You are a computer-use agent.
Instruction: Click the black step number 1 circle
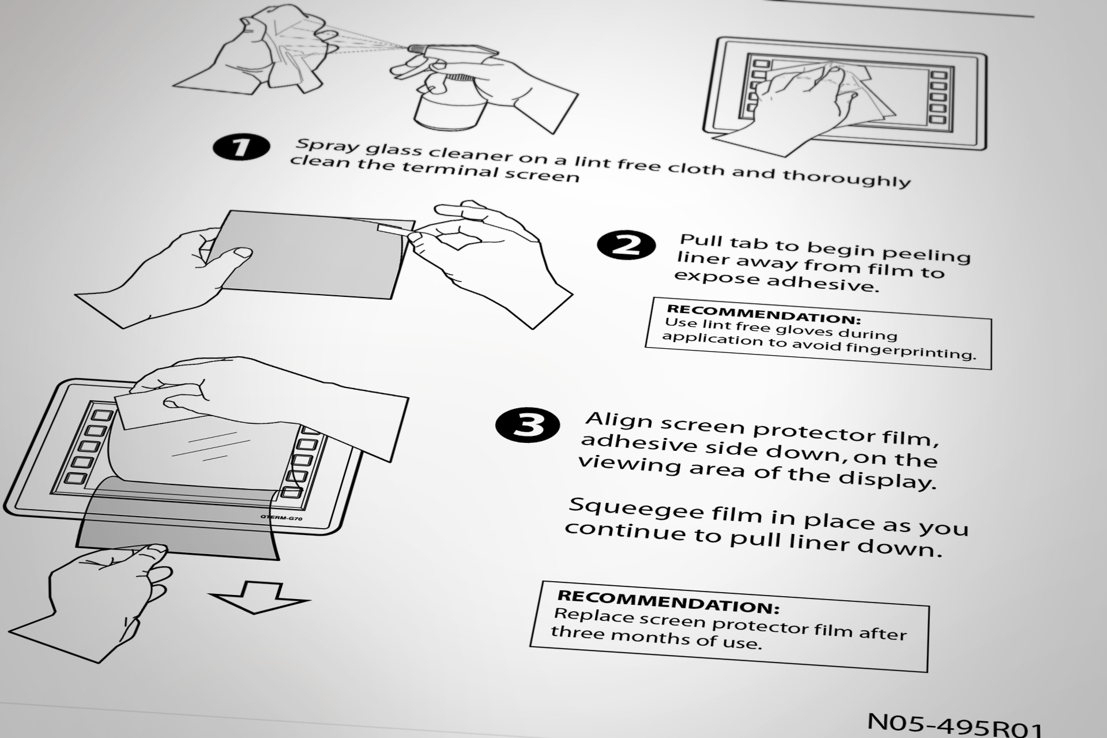[x=241, y=147]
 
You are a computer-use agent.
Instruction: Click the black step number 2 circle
[x=626, y=245]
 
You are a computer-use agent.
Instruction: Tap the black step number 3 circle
[x=528, y=425]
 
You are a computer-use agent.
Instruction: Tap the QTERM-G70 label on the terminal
[x=281, y=518]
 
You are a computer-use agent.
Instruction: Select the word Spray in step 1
[x=324, y=145]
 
